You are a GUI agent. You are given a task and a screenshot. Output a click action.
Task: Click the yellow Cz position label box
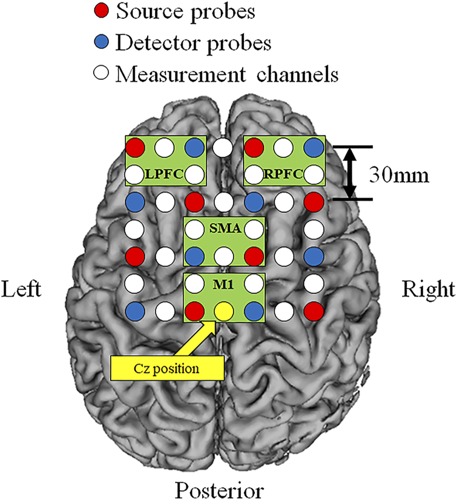tap(166, 366)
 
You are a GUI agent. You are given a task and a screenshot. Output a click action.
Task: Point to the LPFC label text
tap(164, 176)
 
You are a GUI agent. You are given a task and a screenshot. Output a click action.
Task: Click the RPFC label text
tap(283, 176)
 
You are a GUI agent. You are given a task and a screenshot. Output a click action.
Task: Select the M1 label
tap(224, 284)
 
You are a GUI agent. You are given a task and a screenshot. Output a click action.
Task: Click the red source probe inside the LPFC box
tap(135, 146)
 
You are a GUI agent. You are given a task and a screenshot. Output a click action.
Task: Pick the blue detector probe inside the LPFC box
tap(194, 146)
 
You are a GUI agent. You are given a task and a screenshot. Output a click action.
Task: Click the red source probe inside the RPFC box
tap(254, 146)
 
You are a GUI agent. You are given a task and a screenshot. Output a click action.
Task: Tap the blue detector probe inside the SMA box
tap(194, 257)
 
